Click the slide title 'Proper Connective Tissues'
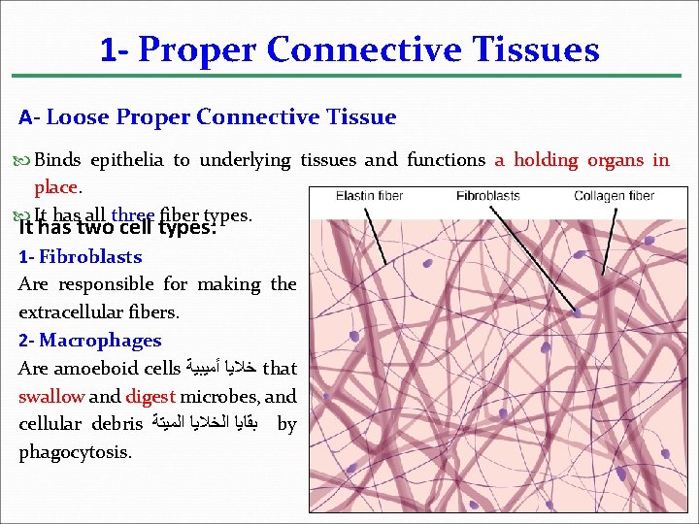point(369,49)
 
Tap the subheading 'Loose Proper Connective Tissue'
point(221,117)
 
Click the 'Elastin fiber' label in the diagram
point(369,196)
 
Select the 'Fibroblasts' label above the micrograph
point(487,196)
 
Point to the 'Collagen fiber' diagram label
point(613,196)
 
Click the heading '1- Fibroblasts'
point(81,257)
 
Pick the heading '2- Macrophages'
point(90,341)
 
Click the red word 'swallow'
point(51,396)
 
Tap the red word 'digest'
point(150,396)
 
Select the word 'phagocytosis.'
point(75,452)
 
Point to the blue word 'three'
point(132,214)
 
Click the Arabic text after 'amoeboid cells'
point(221,369)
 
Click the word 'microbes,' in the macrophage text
point(222,396)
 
